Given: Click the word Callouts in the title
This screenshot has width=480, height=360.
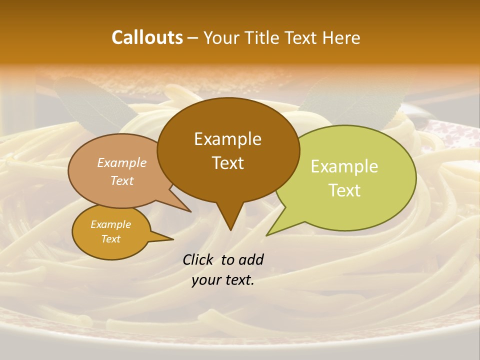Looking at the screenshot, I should (x=147, y=37).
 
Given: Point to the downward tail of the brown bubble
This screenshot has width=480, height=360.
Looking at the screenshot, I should (x=229, y=217).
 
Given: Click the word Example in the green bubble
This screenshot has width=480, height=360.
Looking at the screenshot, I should (x=344, y=166).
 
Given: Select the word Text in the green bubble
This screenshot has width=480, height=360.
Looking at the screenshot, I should (x=345, y=190).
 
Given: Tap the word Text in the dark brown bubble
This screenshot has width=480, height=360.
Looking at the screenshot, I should (x=228, y=163).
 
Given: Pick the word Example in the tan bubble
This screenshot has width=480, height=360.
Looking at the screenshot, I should (x=122, y=163).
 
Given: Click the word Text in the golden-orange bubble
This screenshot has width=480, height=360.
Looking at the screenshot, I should (x=111, y=239).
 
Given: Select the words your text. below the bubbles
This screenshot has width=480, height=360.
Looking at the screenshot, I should (x=223, y=280).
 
